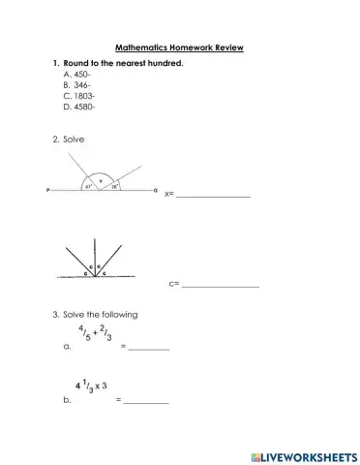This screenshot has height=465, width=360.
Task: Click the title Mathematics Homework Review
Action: click(x=179, y=46)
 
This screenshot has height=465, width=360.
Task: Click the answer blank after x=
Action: click(x=213, y=197)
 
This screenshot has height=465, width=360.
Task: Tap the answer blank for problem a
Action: click(x=149, y=348)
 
